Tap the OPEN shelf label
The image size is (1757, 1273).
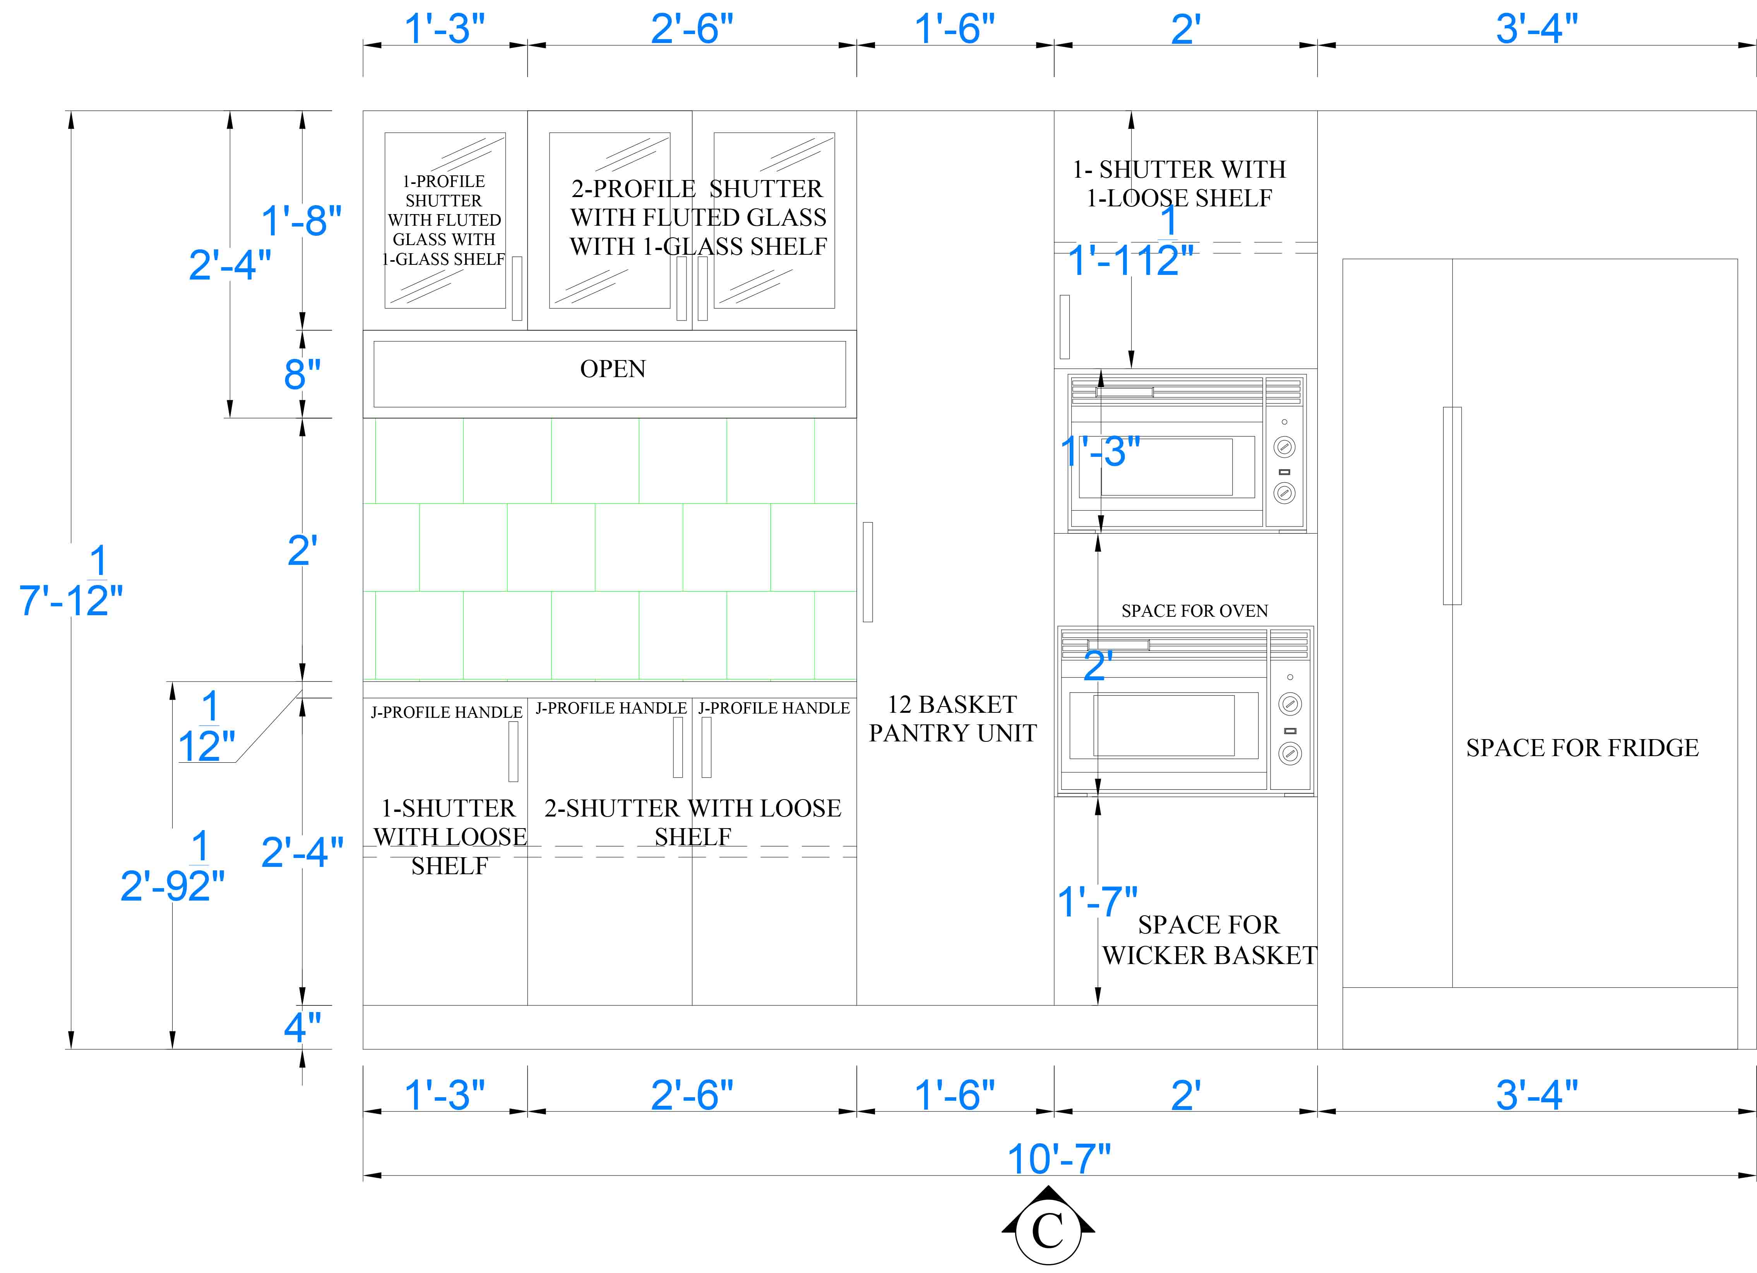[613, 369]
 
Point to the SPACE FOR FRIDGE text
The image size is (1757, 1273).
[1582, 748]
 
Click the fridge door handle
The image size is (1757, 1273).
[1452, 506]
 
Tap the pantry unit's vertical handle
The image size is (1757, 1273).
[868, 572]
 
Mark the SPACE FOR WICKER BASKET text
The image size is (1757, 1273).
[1209, 940]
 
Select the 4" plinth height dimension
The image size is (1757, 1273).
[302, 1028]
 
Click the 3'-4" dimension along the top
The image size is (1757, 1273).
[1536, 29]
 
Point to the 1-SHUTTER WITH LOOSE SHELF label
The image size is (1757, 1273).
[449, 837]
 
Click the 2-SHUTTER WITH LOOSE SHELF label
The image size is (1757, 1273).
[693, 822]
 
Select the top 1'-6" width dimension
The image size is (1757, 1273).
[954, 29]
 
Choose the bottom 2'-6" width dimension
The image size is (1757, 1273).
[692, 1095]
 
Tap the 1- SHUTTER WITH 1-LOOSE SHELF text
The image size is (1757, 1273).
[1179, 184]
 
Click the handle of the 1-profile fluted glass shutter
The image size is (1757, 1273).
[517, 288]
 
